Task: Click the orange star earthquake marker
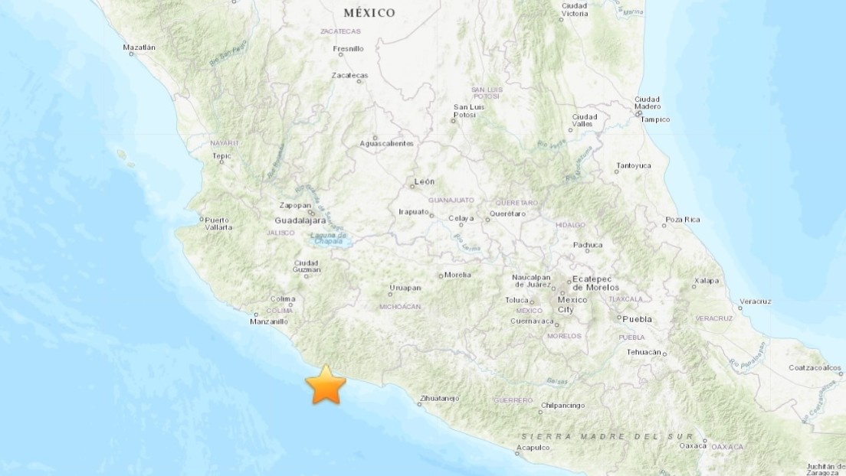(x=326, y=384)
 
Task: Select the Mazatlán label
(x=139, y=47)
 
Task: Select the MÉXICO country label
(x=369, y=13)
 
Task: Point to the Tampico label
(x=655, y=119)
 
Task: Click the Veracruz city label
(x=756, y=301)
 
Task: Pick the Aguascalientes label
(x=387, y=143)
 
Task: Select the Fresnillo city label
(x=349, y=49)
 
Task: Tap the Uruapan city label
(x=405, y=288)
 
